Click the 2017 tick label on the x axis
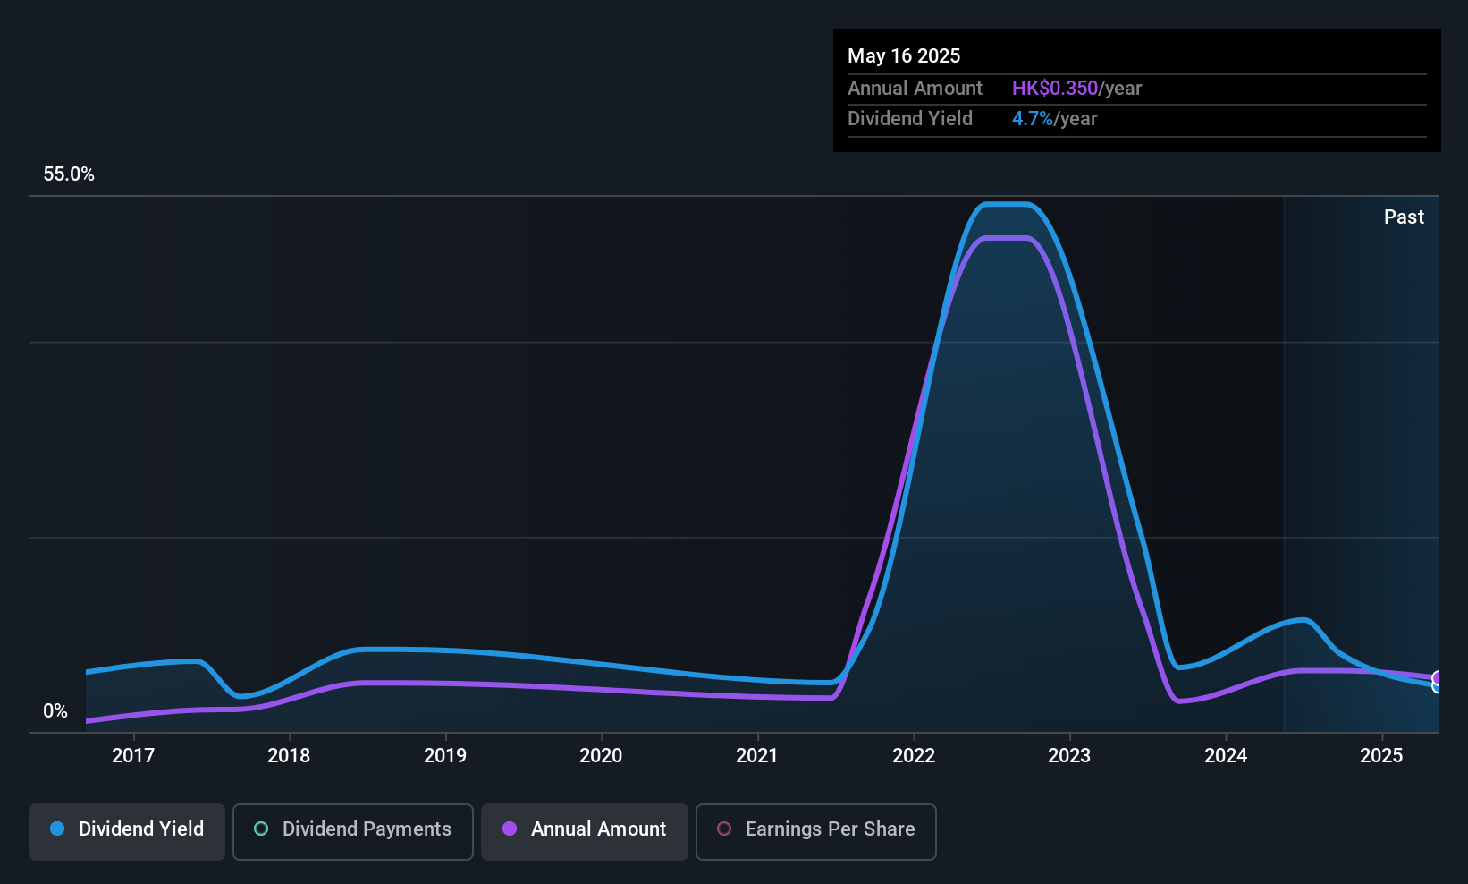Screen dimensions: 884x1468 click(133, 755)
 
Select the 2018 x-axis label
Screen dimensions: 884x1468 click(289, 755)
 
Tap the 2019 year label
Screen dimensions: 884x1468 click(445, 755)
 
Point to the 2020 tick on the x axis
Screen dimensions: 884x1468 click(601, 755)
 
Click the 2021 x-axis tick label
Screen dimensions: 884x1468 click(757, 755)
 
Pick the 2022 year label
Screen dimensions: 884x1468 click(914, 755)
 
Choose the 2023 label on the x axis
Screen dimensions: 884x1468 click(1069, 755)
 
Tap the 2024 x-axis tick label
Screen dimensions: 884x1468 click(1226, 755)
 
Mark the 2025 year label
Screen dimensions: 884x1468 click(1381, 755)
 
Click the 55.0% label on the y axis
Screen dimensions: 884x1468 click(69, 174)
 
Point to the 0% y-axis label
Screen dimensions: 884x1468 click(55, 711)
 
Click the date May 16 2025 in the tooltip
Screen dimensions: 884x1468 click(904, 55)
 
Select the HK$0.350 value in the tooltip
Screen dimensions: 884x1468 click(1054, 89)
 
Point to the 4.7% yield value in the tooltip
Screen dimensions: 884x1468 click(1033, 119)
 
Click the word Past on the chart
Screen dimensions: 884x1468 click(1404, 217)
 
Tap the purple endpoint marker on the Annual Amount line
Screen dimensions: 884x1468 click(1438, 678)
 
